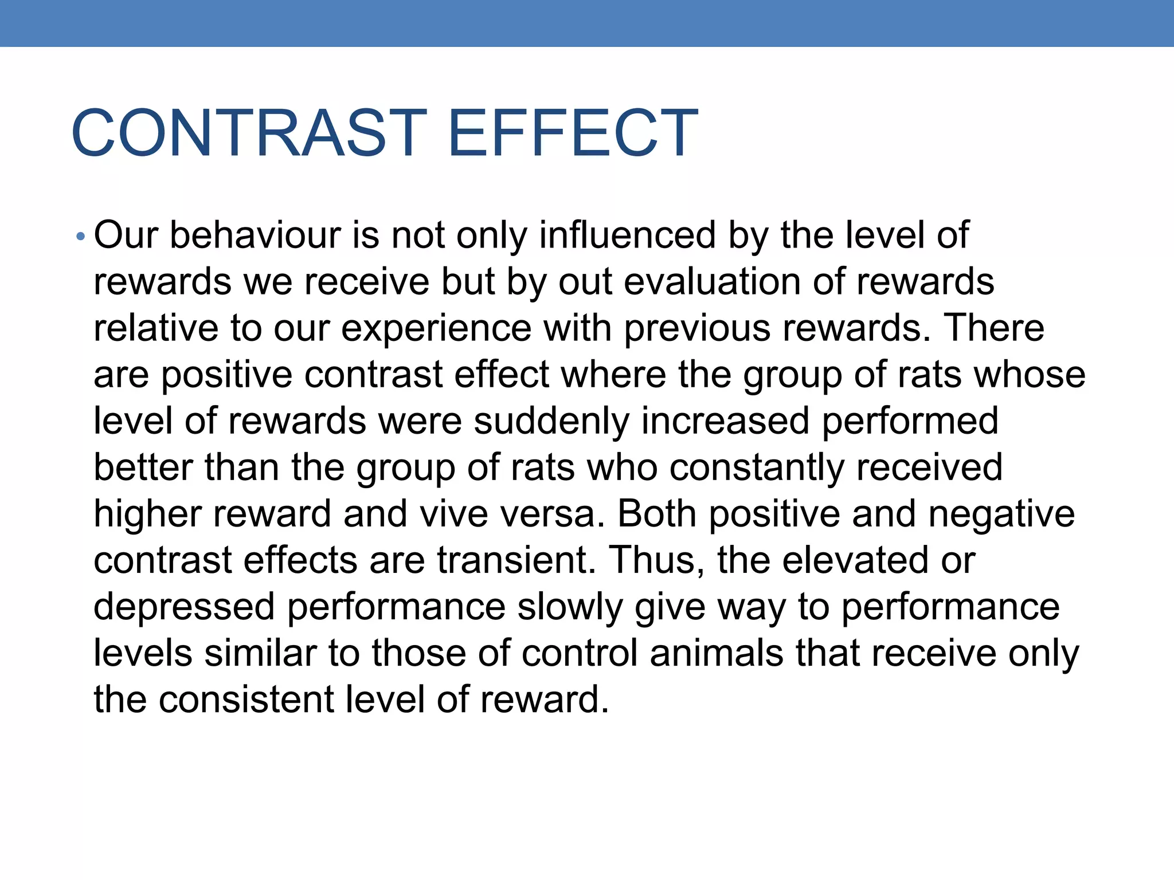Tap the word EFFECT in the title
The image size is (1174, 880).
tap(573, 133)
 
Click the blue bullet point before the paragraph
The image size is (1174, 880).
tap(80, 237)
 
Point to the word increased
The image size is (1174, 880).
tap(725, 421)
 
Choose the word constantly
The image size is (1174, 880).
tap(757, 467)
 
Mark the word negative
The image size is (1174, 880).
tap(1001, 514)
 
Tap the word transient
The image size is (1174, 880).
tap(516, 560)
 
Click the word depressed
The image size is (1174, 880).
tap(184, 607)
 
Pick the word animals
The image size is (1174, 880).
tap(717, 653)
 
